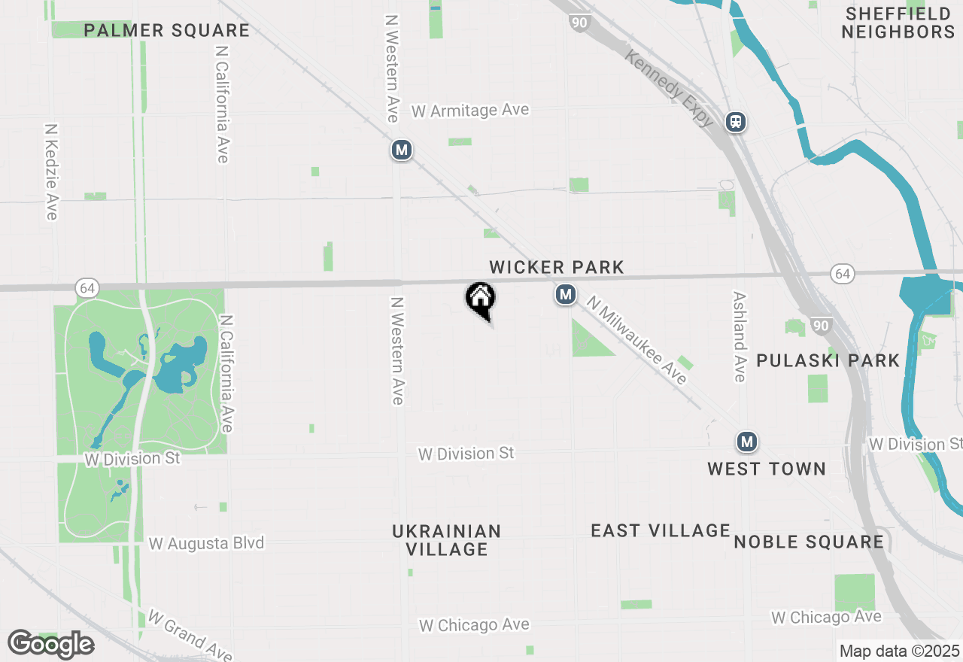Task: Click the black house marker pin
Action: pos(481,299)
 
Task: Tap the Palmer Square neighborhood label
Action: pos(166,31)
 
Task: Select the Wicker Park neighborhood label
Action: pos(556,267)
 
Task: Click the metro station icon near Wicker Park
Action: pos(566,295)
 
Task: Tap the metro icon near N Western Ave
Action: pos(402,150)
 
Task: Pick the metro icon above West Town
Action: pos(746,442)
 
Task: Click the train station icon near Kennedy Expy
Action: pos(736,122)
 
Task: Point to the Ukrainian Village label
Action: pos(446,540)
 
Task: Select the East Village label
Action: pos(660,531)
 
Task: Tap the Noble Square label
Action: pos(808,542)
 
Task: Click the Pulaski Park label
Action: pos(828,360)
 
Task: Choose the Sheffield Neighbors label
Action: pos(898,23)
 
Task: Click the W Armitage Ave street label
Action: pos(470,111)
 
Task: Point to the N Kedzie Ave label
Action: pos(51,172)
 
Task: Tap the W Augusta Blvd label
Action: pos(206,543)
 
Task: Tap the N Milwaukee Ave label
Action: pos(637,340)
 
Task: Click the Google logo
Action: pos(50,644)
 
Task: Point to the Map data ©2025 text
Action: pos(899,651)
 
